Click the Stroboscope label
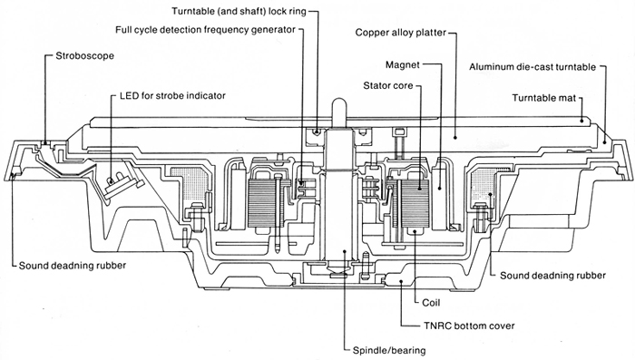(x=85, y=56)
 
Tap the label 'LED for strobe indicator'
(x=172, y=96)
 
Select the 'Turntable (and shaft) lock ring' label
(x=239, y=11)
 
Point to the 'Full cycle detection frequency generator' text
(x=205, y=30)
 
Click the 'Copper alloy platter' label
(x=401, y=33)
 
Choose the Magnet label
(x=403, y=64)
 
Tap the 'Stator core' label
(x=388, y=85)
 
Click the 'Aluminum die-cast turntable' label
(x=532, y=67)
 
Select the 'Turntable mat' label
(x=544, y=98)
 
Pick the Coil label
(x=431, y=303)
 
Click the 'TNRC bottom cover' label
(x=469, y=326)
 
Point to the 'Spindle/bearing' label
(x=389, y=350)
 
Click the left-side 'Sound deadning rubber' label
(x=73, y=266)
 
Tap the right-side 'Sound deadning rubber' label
(x=552, y=276)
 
